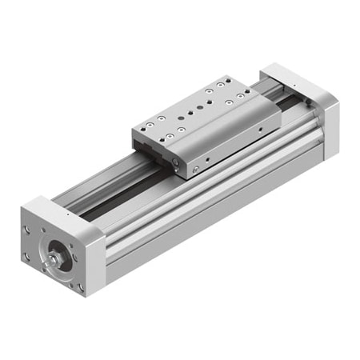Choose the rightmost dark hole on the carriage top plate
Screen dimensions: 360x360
(x=249, y=97)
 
